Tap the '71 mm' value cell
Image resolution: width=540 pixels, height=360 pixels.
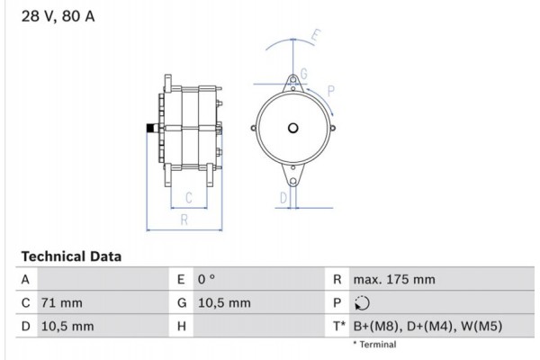click(x=61, y=303)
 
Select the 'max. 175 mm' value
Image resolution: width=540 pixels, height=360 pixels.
click(x=393, y=280)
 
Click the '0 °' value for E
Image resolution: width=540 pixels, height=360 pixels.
click(x=207, y=280)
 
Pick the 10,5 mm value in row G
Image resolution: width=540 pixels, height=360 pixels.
click(x=223, y=303)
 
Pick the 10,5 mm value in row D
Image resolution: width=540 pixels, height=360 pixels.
click(x=68, y=327)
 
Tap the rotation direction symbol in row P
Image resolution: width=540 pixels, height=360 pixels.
click(x=363, y=303)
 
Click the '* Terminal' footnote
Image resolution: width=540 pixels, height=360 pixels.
click(x=373, y=345)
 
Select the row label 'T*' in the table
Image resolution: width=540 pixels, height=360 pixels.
click(x=337, y=327)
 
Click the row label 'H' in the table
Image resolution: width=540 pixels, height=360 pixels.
click(x=181, y=327)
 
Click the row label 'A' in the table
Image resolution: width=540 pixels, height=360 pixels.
click(x=26, y=280)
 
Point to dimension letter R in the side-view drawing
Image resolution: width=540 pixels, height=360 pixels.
click(x=183, y=219)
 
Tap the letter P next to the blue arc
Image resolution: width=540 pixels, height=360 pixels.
click(x=331, y=90)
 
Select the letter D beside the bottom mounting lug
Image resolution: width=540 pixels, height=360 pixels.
click(x=283, y=197)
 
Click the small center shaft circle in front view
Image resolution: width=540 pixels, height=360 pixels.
click(x=292, y=126)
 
